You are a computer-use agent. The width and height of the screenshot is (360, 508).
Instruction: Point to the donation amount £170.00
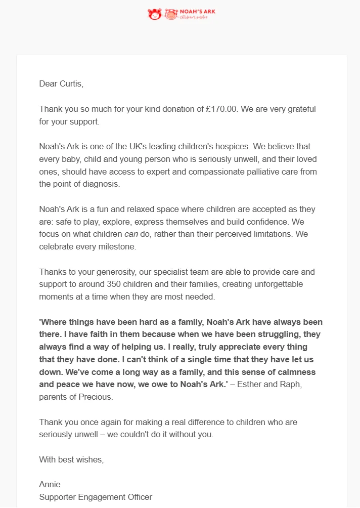[217, 109]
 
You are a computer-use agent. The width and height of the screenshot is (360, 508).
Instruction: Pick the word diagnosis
[101, 184]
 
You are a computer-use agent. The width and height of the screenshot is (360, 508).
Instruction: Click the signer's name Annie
[50, 485]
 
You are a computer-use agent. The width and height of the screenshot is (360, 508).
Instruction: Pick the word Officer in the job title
[137, 497]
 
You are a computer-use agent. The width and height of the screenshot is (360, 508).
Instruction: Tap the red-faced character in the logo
[154, 14]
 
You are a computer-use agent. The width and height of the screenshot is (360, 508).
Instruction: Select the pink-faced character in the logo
[170, 14]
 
